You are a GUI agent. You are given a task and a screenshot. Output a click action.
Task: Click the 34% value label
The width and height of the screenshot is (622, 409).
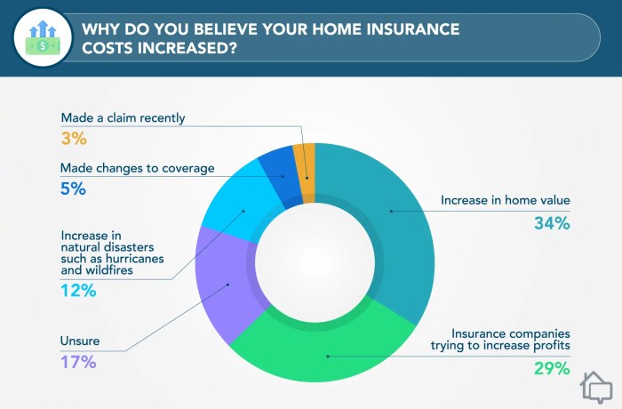(550, 223)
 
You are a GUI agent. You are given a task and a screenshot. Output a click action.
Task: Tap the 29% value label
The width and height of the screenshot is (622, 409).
(550, 366)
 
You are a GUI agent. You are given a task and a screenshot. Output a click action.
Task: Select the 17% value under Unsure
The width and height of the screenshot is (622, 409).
(78, 362)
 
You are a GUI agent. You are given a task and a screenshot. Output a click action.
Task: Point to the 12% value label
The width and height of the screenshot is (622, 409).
(79, 291)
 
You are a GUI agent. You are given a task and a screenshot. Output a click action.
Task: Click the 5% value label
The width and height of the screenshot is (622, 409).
(73, 188)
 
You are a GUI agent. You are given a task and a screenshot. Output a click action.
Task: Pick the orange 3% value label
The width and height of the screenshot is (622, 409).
(73, 139)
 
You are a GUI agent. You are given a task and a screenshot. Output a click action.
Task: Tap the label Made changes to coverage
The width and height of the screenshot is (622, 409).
(139, 167)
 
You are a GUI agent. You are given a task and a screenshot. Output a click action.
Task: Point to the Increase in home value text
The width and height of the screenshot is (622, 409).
(504, 201)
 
